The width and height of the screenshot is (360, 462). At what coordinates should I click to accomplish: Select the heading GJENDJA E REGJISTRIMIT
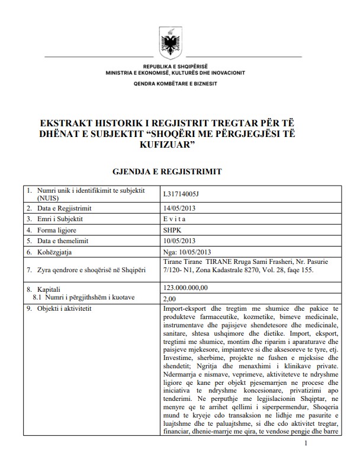[167, 171]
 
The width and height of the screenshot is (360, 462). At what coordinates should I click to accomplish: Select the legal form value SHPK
[172, 230]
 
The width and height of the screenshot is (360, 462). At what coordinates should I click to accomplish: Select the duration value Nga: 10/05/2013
[187, 251]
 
